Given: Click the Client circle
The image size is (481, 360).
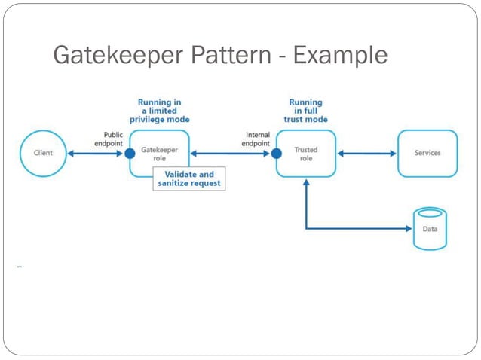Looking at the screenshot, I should coord(43,153).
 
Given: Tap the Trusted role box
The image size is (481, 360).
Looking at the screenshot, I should coord(306,153).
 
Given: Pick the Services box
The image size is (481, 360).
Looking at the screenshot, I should coord(427,153).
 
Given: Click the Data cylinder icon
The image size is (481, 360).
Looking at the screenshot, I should coord(429,228).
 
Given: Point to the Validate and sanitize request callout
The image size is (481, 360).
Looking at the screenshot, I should coord(189,179).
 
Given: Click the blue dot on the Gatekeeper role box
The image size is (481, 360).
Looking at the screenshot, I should coord(130,153).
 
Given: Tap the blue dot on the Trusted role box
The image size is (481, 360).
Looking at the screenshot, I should coord(277,153).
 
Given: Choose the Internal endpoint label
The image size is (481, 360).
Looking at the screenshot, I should coord(257,139).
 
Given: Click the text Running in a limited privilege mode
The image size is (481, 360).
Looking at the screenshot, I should coord(159,111).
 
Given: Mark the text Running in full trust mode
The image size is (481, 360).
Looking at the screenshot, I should coord(305,111).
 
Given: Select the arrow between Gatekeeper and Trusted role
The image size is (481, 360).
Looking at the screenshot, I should coord(230,153).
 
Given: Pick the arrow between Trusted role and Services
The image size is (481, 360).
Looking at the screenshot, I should coord(366,153).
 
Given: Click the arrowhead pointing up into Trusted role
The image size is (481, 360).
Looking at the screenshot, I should coord(306,185).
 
